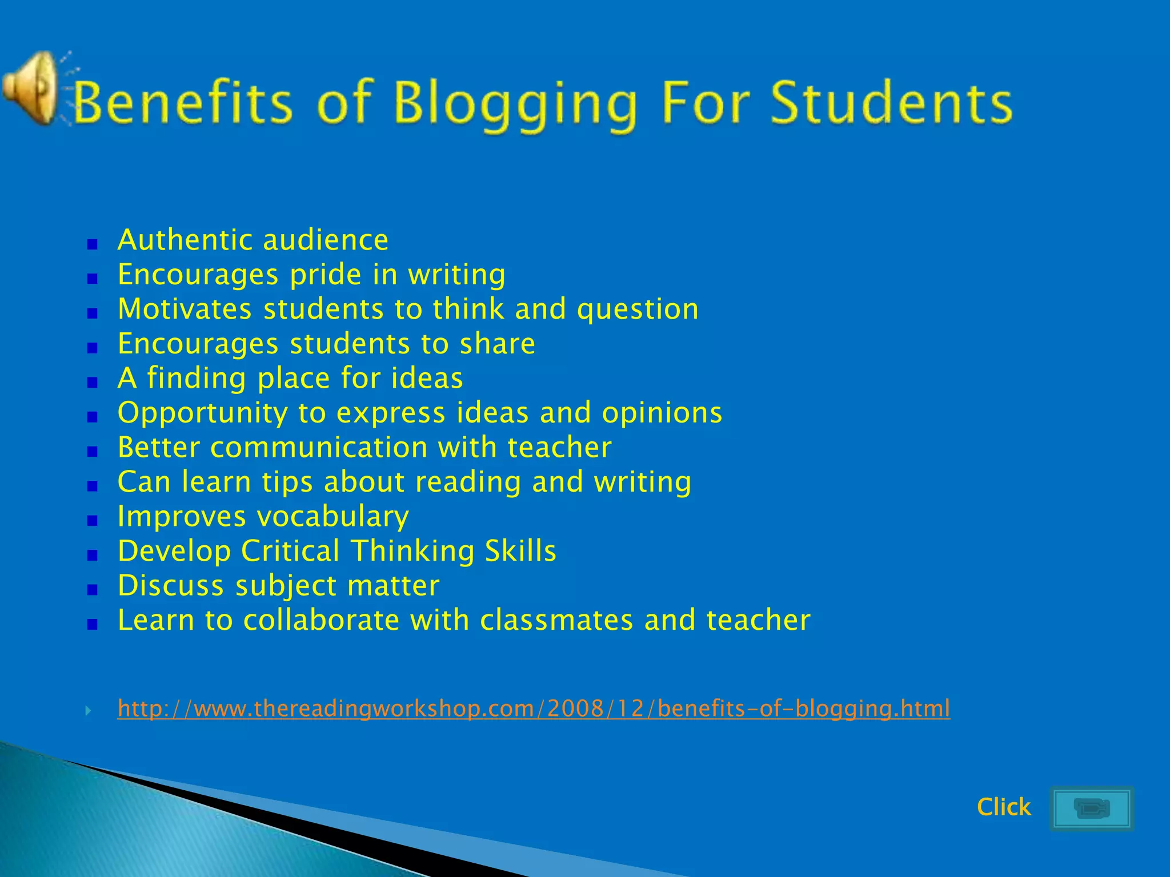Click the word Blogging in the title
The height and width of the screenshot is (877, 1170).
(x=514, y=104)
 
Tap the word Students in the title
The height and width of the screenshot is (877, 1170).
(x=891, y=103)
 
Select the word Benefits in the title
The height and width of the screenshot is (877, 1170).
(x=183, y=103)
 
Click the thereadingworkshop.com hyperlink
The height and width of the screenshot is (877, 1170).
(x=534, y=709)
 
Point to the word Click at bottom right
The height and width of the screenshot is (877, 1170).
(x=1003, y=807)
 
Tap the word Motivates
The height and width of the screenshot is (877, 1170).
(x=185, y=309)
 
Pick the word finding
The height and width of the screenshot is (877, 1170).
(x=196, y=379)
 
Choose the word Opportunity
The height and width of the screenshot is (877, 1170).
(x=202, y=413)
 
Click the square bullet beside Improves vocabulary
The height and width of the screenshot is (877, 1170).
(x=93, y=521)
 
